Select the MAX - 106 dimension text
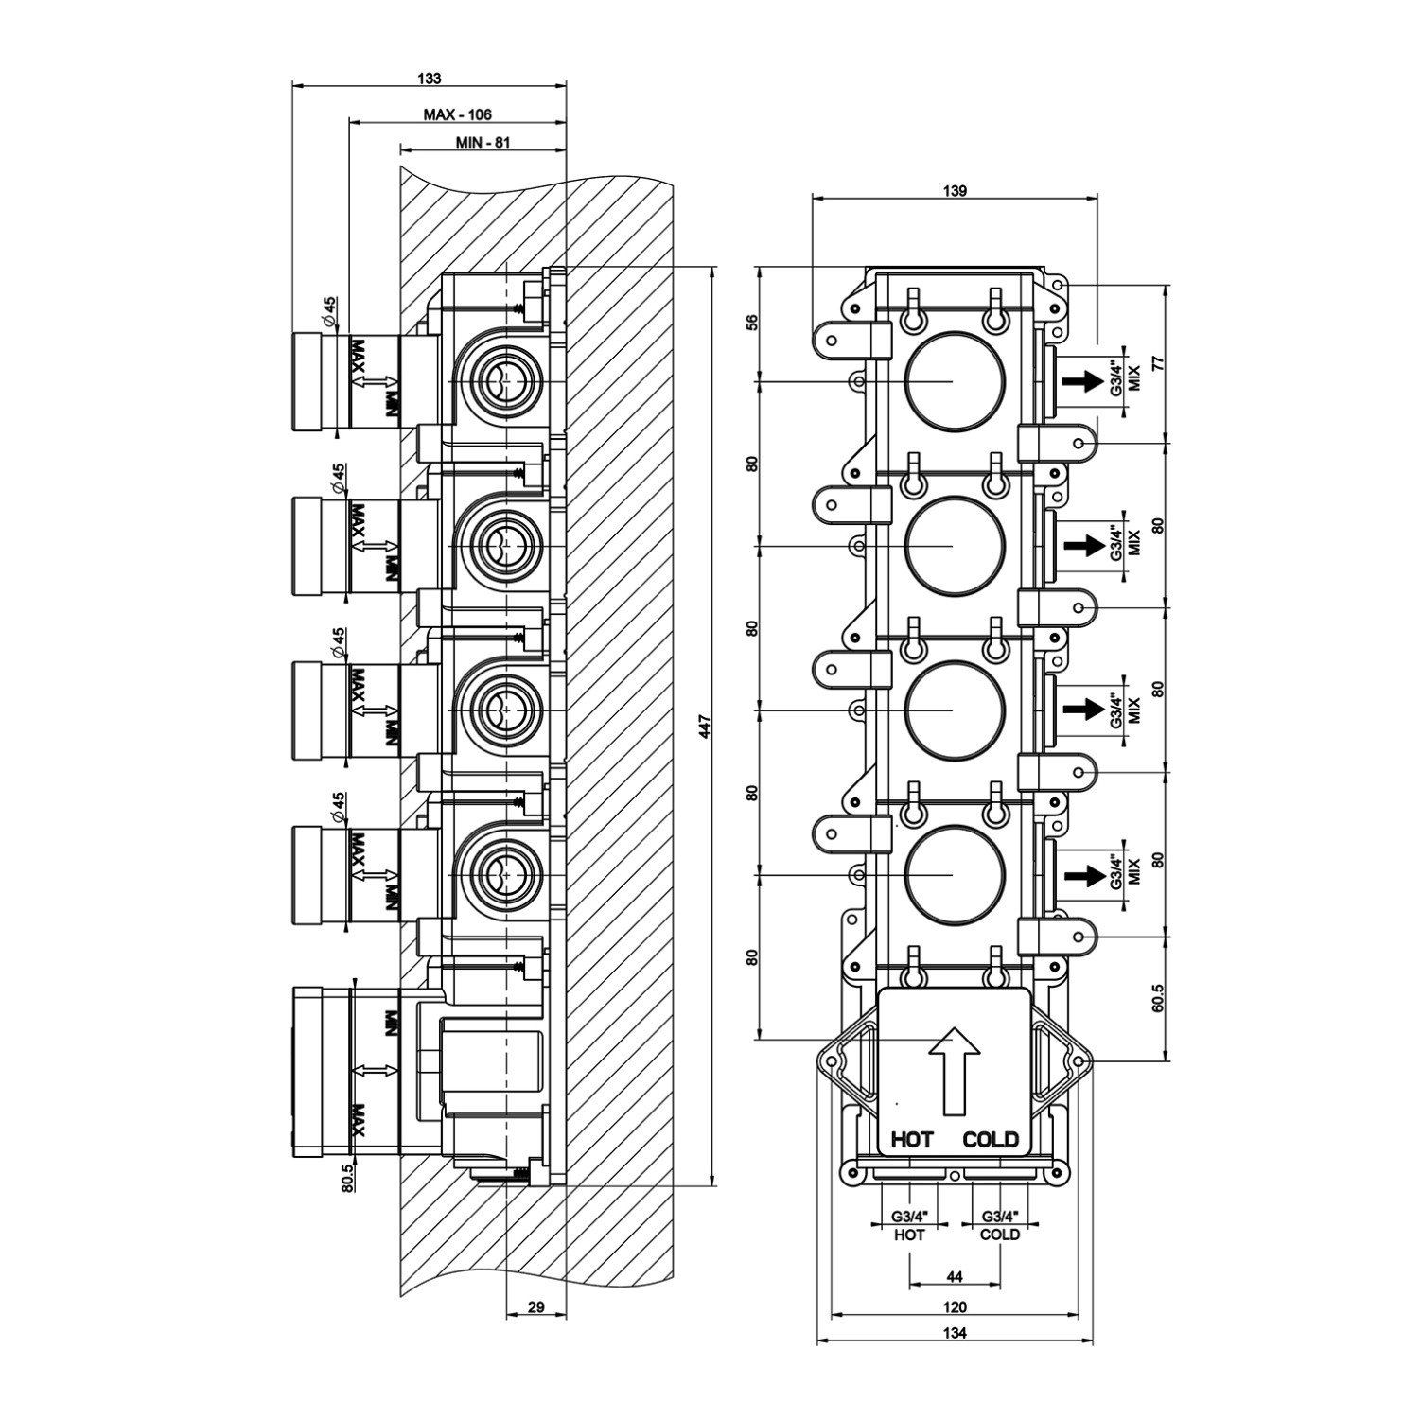click(457, 114)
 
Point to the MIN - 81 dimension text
click(483, 143)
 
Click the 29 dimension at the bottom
click(535, 1307)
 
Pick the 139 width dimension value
click(955, 190)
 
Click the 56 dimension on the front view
click(753, 323)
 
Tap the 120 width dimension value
click(955, 1307)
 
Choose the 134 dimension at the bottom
click(955, 1334)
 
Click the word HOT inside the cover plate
click(912, 1139)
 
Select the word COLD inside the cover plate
click(991, 1139)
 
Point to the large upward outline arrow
click(954, 1069)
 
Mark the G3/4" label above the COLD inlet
click(999, 1217)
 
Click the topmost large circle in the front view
click(955, 380)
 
